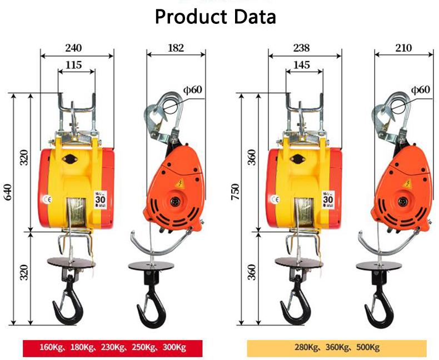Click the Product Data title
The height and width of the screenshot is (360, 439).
tap(215, 17)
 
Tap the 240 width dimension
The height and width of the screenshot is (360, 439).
tap(76, 48)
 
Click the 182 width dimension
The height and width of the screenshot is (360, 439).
tap(176, 48)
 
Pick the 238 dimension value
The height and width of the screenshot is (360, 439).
tap(303, 48)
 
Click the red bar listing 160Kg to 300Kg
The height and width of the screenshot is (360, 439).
tap(112, 348)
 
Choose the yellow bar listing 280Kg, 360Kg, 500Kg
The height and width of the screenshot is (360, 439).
tap(337, 348)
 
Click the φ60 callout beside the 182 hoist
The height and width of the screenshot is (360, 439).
tap(193, 89)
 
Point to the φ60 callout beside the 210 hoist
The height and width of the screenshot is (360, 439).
tap(421, 89)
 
